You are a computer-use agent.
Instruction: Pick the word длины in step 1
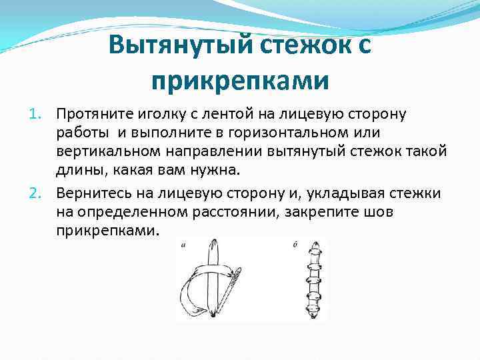[x=76, y=169]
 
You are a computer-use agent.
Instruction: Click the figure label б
[x=294, y=244]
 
